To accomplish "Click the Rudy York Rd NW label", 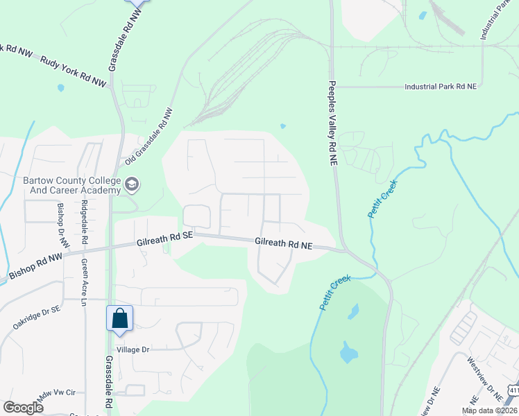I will tap(74, 71).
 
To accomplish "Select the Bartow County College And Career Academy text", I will tap(71, 185).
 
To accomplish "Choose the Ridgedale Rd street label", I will tap(85, 221).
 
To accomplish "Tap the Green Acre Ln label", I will tap(84, 283).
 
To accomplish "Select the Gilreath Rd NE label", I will tap(284, 245).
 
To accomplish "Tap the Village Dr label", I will tap(133, 350).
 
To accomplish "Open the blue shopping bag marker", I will tap(119, 318).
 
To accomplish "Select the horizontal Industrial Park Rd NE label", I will tap(441, 87).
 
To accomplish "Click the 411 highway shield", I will tap(512, 390).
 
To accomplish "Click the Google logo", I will tap(24, 408).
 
